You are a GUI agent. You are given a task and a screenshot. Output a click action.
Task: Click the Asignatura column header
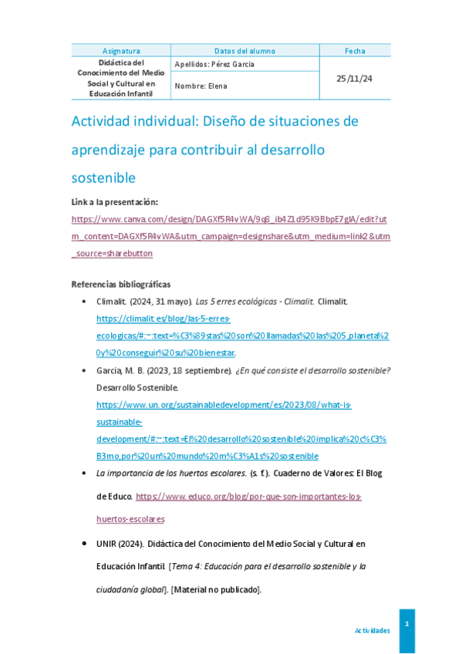[121, 51]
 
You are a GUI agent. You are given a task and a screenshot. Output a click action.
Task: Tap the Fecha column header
[355, 51]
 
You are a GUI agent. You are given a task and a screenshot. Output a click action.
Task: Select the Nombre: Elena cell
[201, 86]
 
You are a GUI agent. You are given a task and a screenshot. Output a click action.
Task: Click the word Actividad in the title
[103, 121]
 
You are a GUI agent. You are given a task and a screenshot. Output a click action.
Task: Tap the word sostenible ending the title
[103, 177]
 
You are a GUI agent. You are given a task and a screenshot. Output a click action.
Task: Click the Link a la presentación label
[114, 202]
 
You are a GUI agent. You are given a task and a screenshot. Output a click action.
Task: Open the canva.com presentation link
[230, 236]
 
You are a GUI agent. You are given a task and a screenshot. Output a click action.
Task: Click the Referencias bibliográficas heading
[121, 284]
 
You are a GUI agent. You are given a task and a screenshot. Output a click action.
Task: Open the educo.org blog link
[247, 496]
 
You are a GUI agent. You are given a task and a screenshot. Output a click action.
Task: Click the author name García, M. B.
[122, 370]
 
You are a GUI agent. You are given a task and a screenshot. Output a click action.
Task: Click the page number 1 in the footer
[406, 623]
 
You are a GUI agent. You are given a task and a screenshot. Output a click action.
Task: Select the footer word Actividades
[372, 630]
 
